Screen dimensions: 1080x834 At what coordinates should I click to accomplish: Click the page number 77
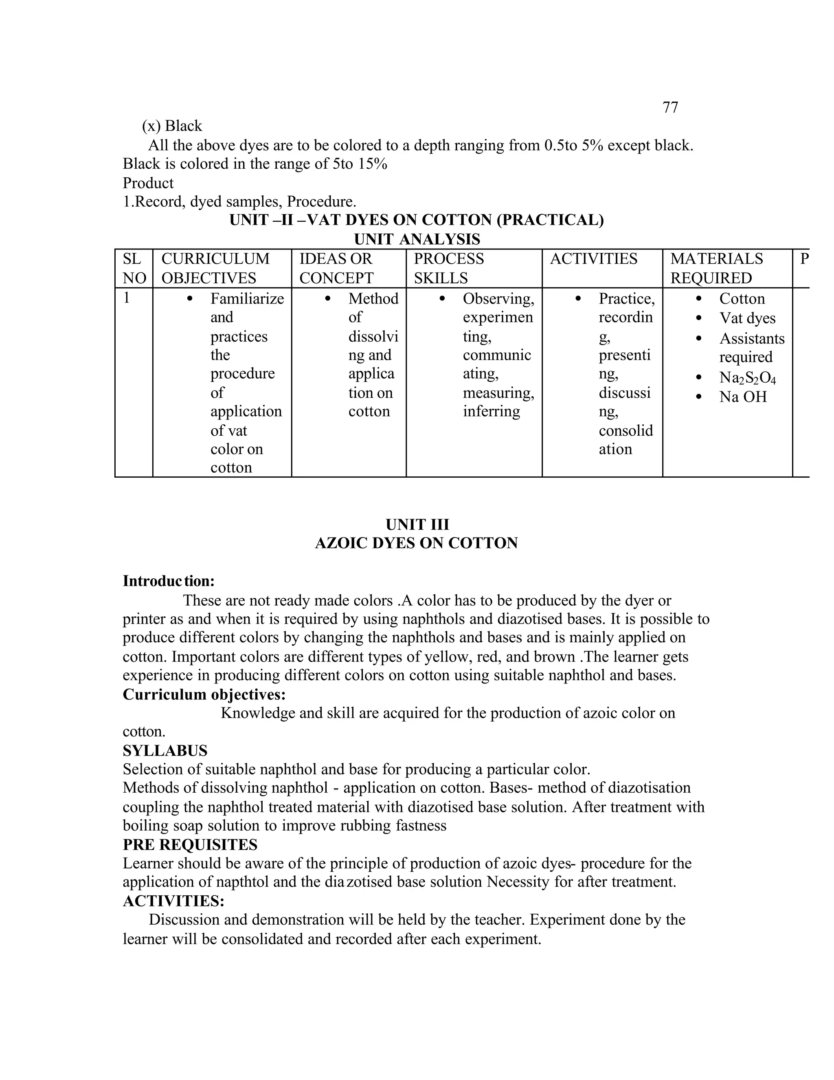click(x=669, y=107)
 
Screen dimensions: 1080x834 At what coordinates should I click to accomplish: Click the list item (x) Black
click(x=172, y=126)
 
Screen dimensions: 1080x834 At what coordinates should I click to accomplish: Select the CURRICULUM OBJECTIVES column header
click(x=215, y=268)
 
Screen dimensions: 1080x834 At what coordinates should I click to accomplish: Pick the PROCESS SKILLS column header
click(x=449, y=268)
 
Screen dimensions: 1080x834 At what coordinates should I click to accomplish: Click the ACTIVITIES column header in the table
click(x=593, y=259)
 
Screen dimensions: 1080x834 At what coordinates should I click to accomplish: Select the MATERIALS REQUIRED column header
click(x=716, y=268)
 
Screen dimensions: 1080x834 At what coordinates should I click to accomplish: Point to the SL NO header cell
click(x=134, y=268)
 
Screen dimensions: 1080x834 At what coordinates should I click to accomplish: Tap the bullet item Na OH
click(x=743, y=397)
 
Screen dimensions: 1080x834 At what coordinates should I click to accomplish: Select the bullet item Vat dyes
click(x=747, y=318)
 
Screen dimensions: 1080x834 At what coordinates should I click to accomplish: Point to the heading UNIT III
click(x=417, y=524)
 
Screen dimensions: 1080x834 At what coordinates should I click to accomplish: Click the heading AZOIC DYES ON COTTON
click(x=416, y=543)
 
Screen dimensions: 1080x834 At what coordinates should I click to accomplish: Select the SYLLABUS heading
click(x=165, y=751)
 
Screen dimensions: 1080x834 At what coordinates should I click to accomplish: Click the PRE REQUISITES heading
click(x=190, y=844)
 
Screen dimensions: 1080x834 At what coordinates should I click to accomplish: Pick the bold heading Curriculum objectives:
click(x=204, y=694)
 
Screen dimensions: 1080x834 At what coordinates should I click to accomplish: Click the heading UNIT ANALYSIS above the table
click(x=417, y=239)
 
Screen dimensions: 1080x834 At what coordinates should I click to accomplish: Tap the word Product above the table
click(x=148, y=183)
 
